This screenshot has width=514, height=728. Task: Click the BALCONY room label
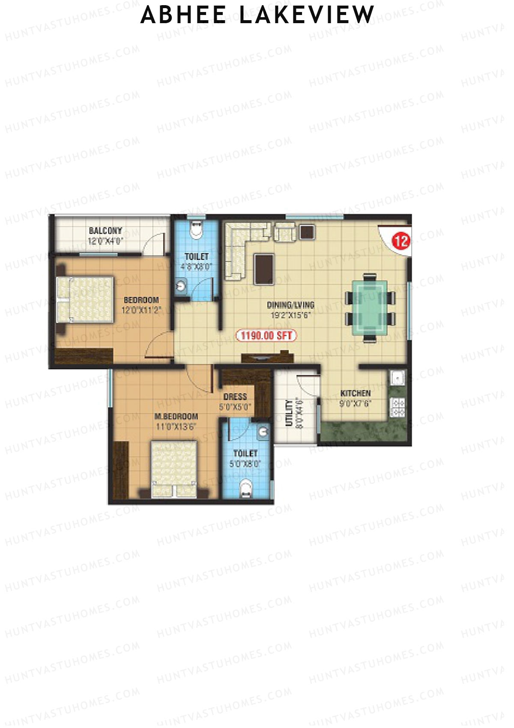pos(105,231)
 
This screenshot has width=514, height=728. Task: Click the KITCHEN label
pos(355,393)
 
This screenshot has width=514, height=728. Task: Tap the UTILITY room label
pos(290,413)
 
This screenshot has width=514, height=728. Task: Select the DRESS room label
pos(235,397)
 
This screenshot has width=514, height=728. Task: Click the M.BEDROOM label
pos(176,416)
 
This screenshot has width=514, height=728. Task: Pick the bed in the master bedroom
pos(174,469)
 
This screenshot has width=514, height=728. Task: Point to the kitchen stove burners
pos(398,408)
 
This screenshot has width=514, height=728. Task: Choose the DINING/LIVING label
pos(291,305)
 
